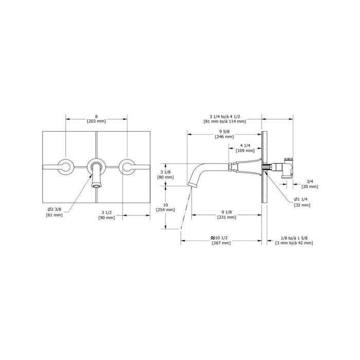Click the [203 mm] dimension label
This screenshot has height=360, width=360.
(x=97, y=121)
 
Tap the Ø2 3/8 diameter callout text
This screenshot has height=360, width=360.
(x=55, y=209)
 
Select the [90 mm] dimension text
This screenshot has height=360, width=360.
(x=106, y=218)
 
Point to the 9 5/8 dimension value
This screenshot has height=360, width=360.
(x=224, y=132)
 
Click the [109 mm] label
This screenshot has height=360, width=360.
(x=245, y=151)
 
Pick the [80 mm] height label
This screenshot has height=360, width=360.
(x=165, y=177)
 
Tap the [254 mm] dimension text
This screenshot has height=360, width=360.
(x=165, y=210)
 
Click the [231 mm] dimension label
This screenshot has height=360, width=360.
(x=227, y=217)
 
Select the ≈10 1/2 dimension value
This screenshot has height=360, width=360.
(x=221, y=238)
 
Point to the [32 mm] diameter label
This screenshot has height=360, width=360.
(x=302, y=205)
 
